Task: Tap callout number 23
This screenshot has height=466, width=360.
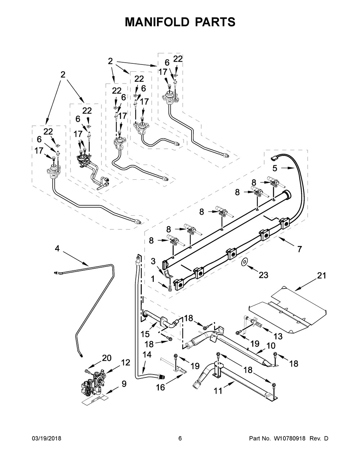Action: pyautogui.click(x=264, y=275)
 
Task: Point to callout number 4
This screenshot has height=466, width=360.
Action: pyautogui.click(x=57, y=248)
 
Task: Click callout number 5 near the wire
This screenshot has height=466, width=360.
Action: pyautogui.click(x=275, y=167)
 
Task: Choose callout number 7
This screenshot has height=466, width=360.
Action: pyautogui.click(x=299, y=248)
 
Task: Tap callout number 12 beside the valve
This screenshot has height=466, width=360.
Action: pyautogui.click(x=125, y=363)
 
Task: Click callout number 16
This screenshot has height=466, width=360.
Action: pyautogui.click(x=160, y=387)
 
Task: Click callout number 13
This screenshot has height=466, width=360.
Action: pyautogui.click(x=278, y=336)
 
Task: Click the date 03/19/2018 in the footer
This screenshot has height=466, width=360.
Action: pyautogui.click(x=46, y=439)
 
